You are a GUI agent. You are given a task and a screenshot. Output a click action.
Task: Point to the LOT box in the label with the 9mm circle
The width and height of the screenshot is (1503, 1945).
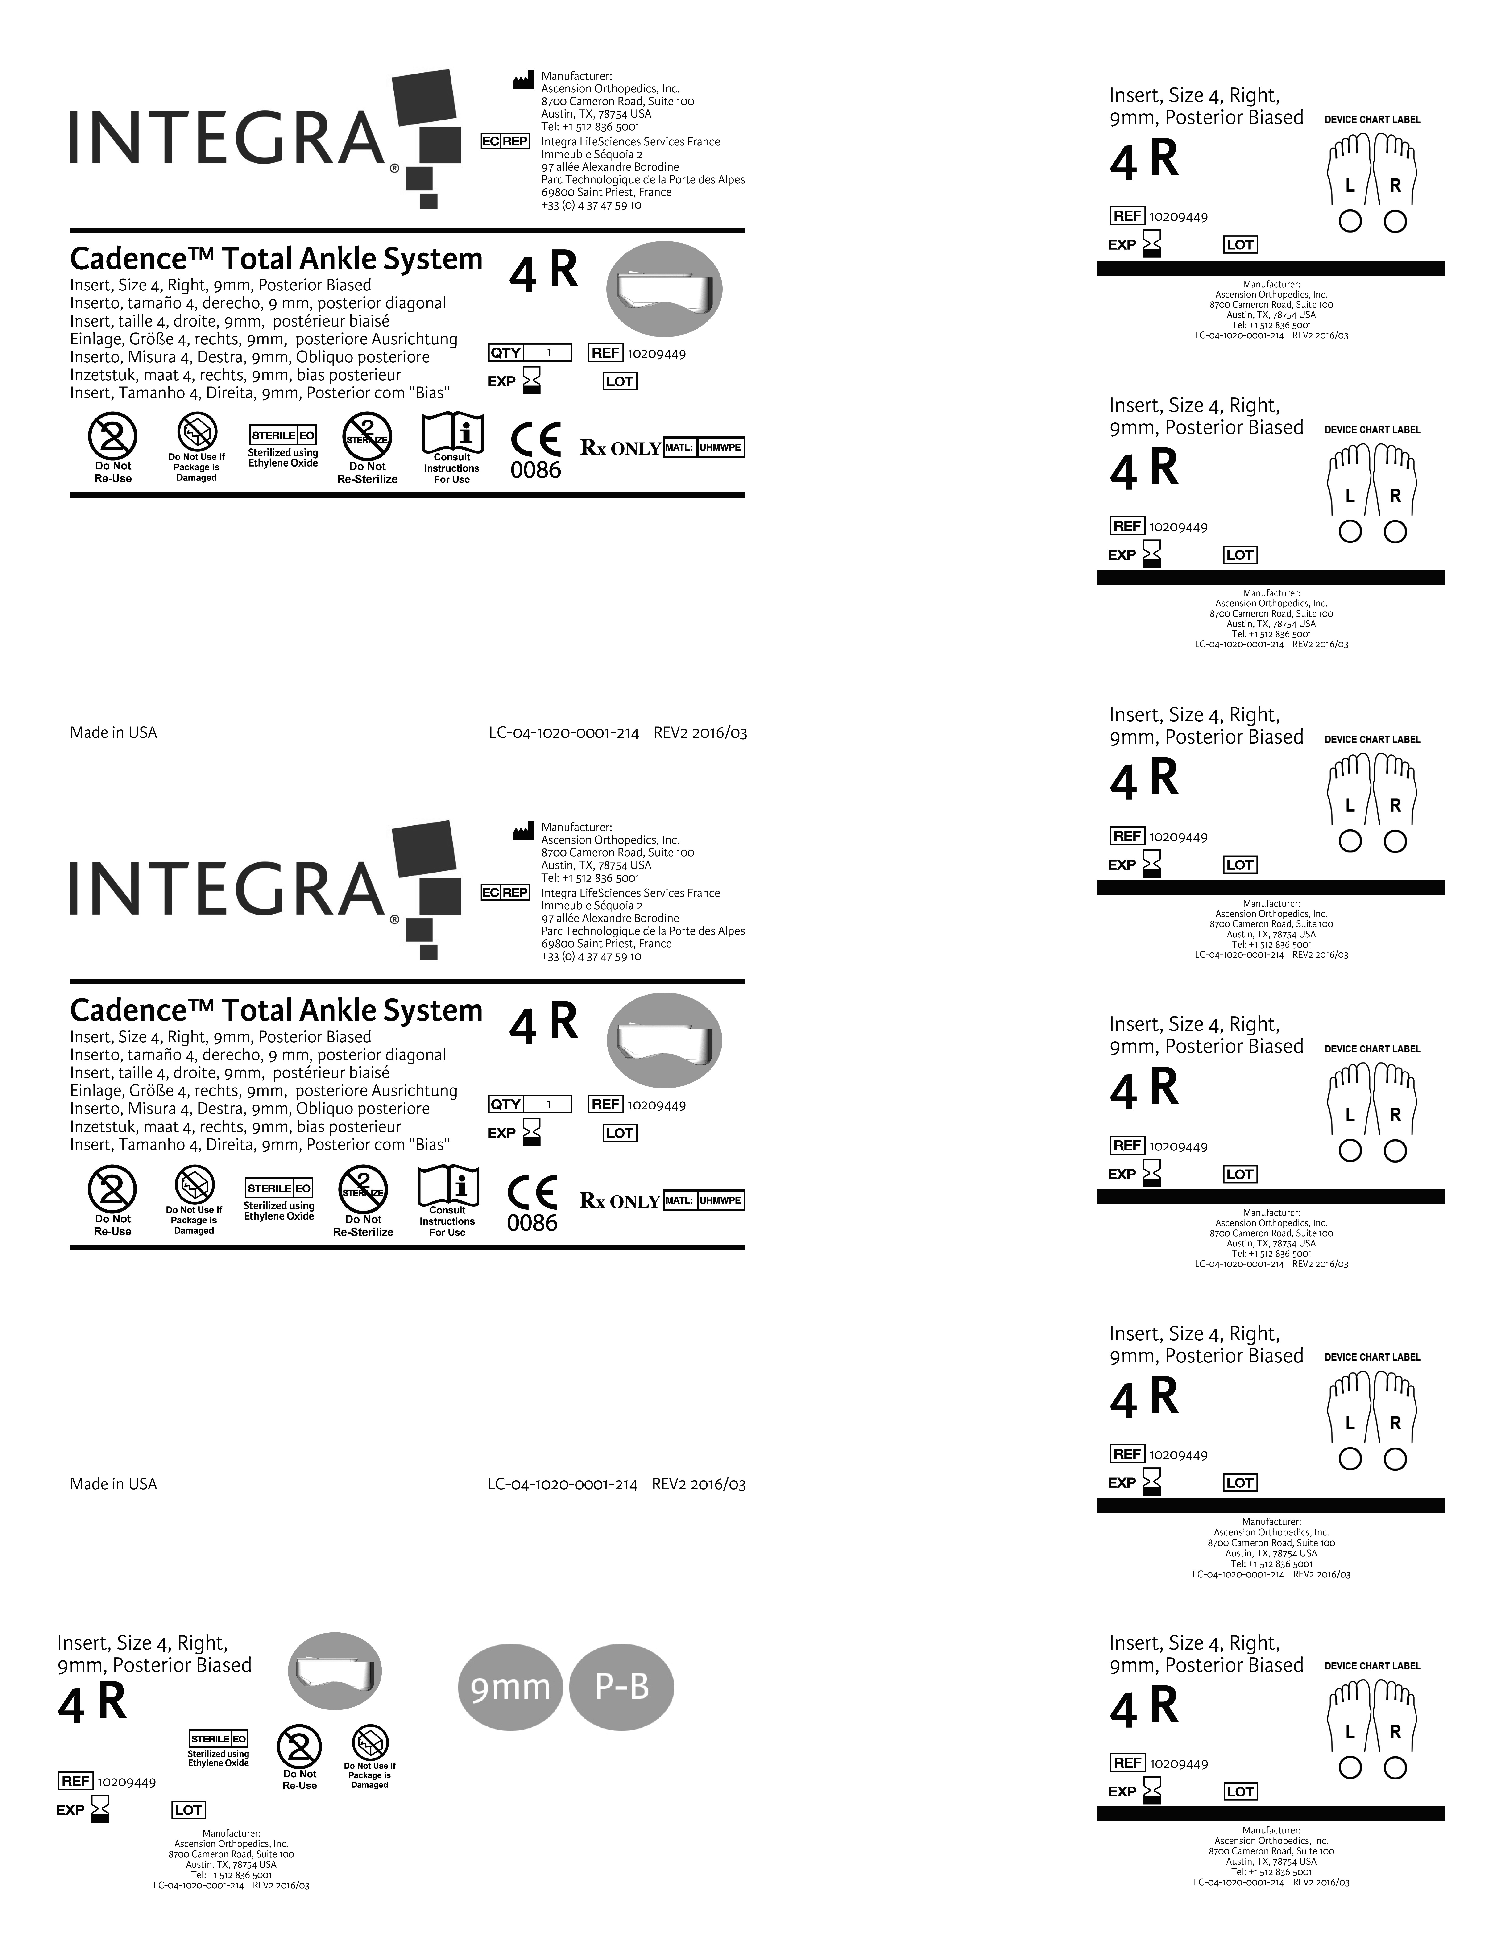pyautogui.click(x=188, y=1810)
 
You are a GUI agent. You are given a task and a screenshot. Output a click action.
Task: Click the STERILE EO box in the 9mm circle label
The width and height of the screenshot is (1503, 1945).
pyautogui.click(x=218, y=1738)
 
